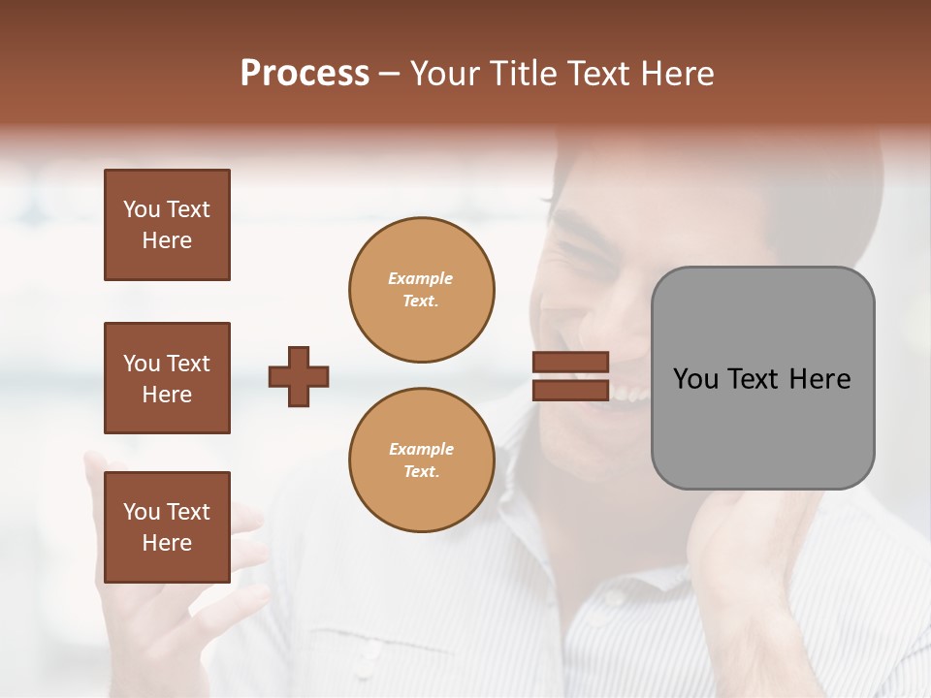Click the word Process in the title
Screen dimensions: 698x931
click(x=305, y=74)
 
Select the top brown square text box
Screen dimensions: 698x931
click(x=167, y=225)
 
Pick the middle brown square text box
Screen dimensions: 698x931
click(x=167, y=378)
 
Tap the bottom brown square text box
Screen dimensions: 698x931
click(x=167, y=527)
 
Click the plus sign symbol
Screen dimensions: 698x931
click(x=299, y=376)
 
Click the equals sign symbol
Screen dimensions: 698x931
click(x=570, y=376)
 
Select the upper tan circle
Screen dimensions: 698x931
click(x=422, y=290)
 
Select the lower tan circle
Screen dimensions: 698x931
click(x=422, y=460)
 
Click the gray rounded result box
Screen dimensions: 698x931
click(x=762, y=378)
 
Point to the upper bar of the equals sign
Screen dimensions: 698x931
click(x=570, y=363)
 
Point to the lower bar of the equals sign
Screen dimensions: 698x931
click(x=570, y=390)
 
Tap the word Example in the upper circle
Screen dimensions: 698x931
click(x=421, y=279)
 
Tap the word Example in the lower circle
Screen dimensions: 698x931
click(x=421, y=450)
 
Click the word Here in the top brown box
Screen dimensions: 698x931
click(x=167, y=241)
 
